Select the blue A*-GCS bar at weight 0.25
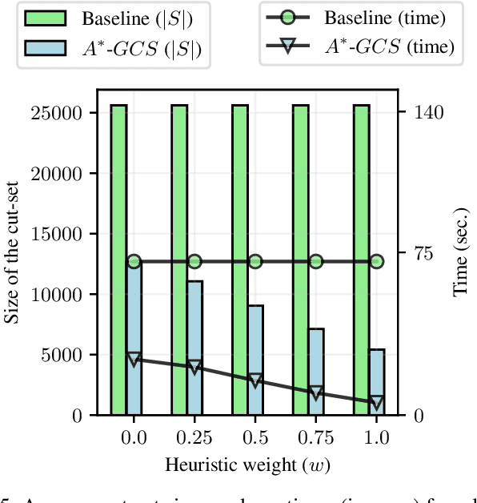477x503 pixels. (194, 348)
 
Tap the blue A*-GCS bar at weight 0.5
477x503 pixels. (255, 360)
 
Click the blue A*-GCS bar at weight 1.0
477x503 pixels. (377, 382)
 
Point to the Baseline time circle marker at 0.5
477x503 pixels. (255, 262)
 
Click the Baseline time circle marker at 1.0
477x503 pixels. (377, 262)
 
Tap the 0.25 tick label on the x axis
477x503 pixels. (194, 438)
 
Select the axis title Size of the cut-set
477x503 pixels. (13, 260)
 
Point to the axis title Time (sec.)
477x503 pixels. (461, 260)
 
